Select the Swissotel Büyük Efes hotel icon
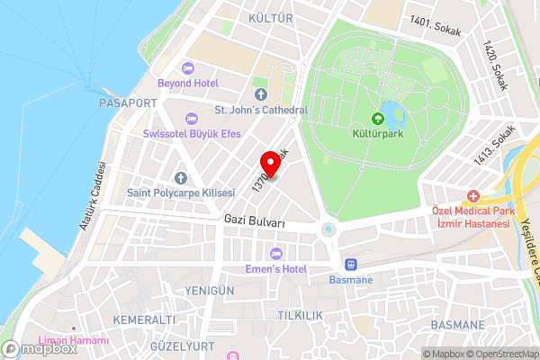tap(190, 119)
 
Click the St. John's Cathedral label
tap(261, 110)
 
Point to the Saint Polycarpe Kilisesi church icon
tap(180, 178)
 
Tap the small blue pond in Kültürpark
tap(392, 112)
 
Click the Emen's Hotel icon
tap(276, 252)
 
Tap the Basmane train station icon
tap(351, 265)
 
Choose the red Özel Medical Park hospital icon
tap(472, 196)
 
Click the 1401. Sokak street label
tap(435, 24)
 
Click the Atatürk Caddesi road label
tap(92, 195)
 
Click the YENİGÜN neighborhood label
tap(209, 291)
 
